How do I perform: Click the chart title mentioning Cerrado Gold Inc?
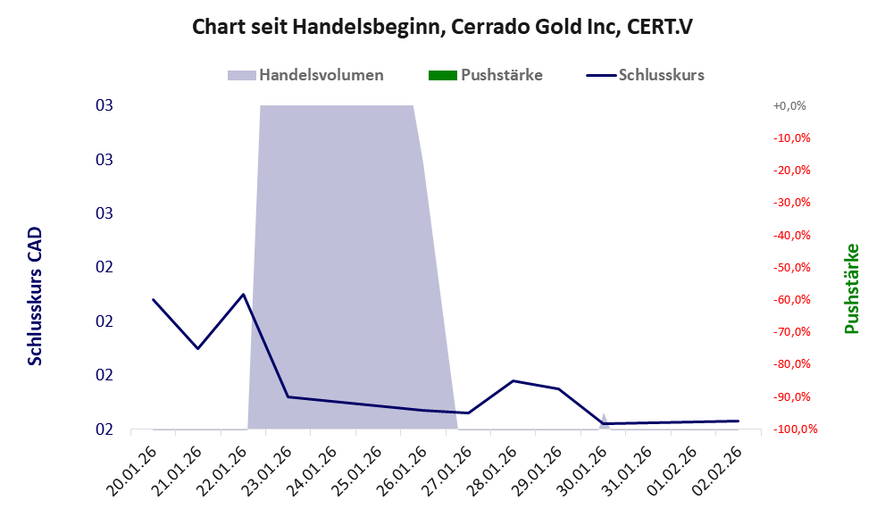(x=442, y=27)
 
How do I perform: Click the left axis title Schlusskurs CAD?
(x=35, y=296)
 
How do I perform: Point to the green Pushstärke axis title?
(x=851, y=288)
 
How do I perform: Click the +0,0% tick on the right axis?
(x=790, y=105)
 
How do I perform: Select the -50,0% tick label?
(x=790, y=267)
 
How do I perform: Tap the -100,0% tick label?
(x=788, y=429)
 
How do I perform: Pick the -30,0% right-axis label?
(x=790, y=203)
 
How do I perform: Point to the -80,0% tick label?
(x=790, y=364)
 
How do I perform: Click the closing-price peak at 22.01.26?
(x=243, y=294)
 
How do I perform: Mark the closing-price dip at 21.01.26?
(x=197, y=348)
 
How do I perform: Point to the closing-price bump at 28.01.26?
(x=513, y=380)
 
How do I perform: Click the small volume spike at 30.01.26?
(x=604, y=417)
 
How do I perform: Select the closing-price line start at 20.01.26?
(x=153, y=299)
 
